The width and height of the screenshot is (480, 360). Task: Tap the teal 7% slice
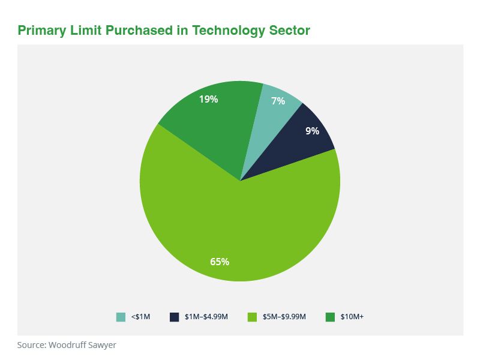click(273, 114)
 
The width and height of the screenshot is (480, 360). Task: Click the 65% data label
click(219, 262)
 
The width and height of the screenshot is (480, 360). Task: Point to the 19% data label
click(208, 100)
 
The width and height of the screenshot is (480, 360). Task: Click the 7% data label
click(278, 101)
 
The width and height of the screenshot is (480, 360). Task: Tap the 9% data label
click(312, 130)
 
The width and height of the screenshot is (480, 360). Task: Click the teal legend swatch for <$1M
click(121, 317)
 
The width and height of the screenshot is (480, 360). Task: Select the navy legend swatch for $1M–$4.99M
click(175, 317)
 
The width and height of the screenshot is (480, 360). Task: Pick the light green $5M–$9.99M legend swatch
click(252, 317)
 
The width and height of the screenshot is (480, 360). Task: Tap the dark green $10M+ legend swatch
click(329, 317)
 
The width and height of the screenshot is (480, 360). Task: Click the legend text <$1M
click(140, 317)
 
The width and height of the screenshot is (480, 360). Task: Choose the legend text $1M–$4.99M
click(206, 317)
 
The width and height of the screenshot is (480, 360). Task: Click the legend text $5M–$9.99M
click(284, 317)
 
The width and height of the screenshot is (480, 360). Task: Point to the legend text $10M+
click(352, 317)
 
